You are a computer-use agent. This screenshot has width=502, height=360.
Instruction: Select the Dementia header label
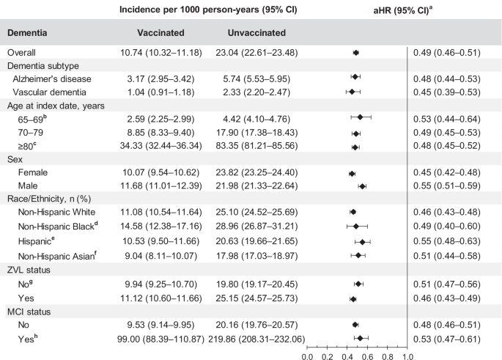[x=29, y=33]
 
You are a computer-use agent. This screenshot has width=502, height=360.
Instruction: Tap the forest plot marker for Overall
[x=356, y=53]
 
